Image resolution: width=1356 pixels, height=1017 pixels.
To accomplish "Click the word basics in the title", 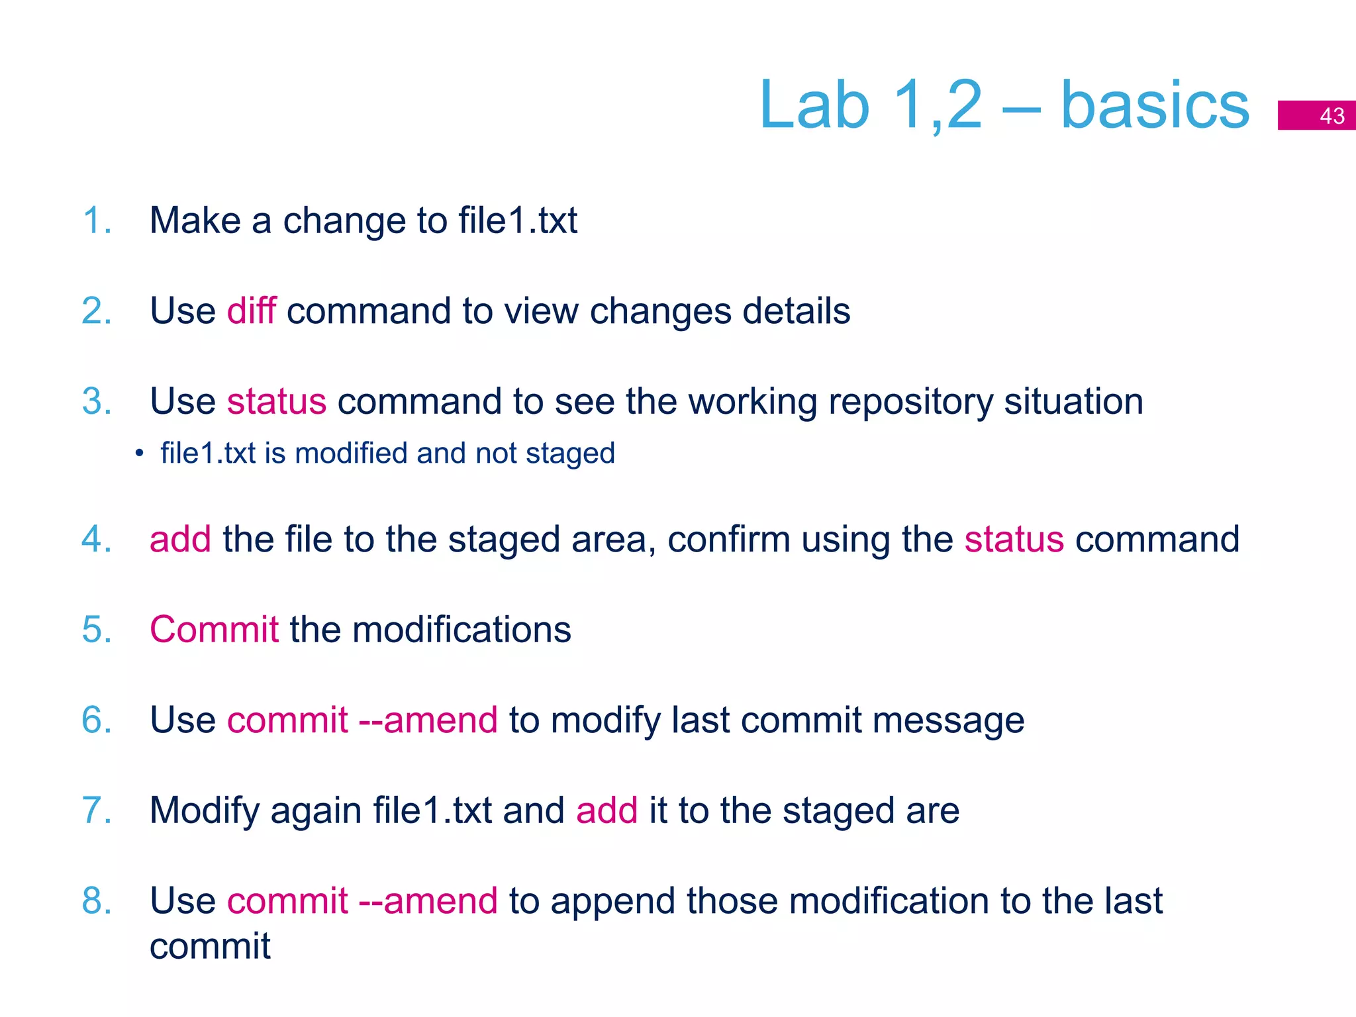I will [1155, 106].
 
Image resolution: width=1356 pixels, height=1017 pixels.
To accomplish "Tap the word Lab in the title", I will [814, 106].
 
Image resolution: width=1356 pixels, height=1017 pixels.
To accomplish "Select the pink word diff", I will [251, 311].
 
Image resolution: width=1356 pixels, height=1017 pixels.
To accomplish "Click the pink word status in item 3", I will [277, 401].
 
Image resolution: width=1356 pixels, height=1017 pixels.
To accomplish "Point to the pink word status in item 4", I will [1014, 539].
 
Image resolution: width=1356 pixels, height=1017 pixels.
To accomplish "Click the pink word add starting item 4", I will [180, 539].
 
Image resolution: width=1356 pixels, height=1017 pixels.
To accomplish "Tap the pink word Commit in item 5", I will [214, 629].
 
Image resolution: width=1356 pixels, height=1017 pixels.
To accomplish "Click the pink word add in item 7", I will [606, 810].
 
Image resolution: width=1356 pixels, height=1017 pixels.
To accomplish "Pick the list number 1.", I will [96, 220].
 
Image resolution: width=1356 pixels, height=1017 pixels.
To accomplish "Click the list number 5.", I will [96, 629].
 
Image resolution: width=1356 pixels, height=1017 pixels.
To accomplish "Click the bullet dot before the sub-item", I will [139, 454].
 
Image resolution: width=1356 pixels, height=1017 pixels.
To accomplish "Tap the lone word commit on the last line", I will [210, 946].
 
